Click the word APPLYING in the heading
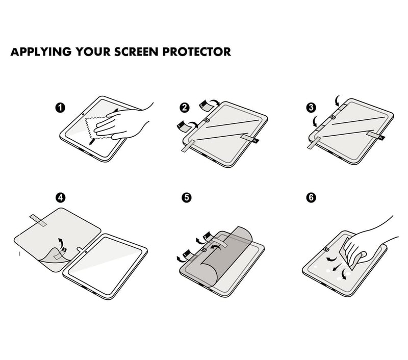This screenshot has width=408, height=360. click(41, 52)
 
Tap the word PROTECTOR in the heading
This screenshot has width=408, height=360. click(197, 52)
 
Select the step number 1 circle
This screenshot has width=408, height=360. click(60, 108)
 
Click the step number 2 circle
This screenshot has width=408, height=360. click(185, 108)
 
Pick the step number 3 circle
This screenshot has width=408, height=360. click(311, 108)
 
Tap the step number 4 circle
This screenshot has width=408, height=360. click(60, 198)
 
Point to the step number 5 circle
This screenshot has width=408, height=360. click(187, 198)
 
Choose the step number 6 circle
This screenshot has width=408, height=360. click(311, 198)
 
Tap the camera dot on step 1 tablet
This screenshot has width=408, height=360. click(83, 114)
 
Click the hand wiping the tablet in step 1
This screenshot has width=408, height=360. click(122, 122)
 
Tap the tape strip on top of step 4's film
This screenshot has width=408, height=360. click(38, 220)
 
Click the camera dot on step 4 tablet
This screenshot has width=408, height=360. click(86, 251)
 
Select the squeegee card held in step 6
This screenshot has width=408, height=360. click(349, 253)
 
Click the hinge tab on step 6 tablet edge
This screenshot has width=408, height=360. click(326, 249)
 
